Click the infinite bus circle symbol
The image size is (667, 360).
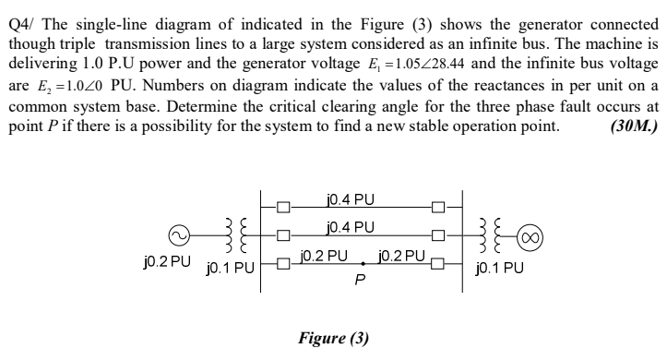pyautogui.click(x=530, y=236)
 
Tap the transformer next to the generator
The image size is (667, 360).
pyautogui.click(x=233, y=236)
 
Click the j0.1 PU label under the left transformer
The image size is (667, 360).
pyautogui.click(x=229, y=270)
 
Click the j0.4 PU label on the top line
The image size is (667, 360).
pyautogui.click(x=351, y=199)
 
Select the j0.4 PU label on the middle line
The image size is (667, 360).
pyautogui.click(x=351, y=227)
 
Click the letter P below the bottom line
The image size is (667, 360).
pyautogui.click(x=362, y=280)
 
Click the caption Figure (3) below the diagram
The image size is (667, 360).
pyautogui.click(x=333, y=338)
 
